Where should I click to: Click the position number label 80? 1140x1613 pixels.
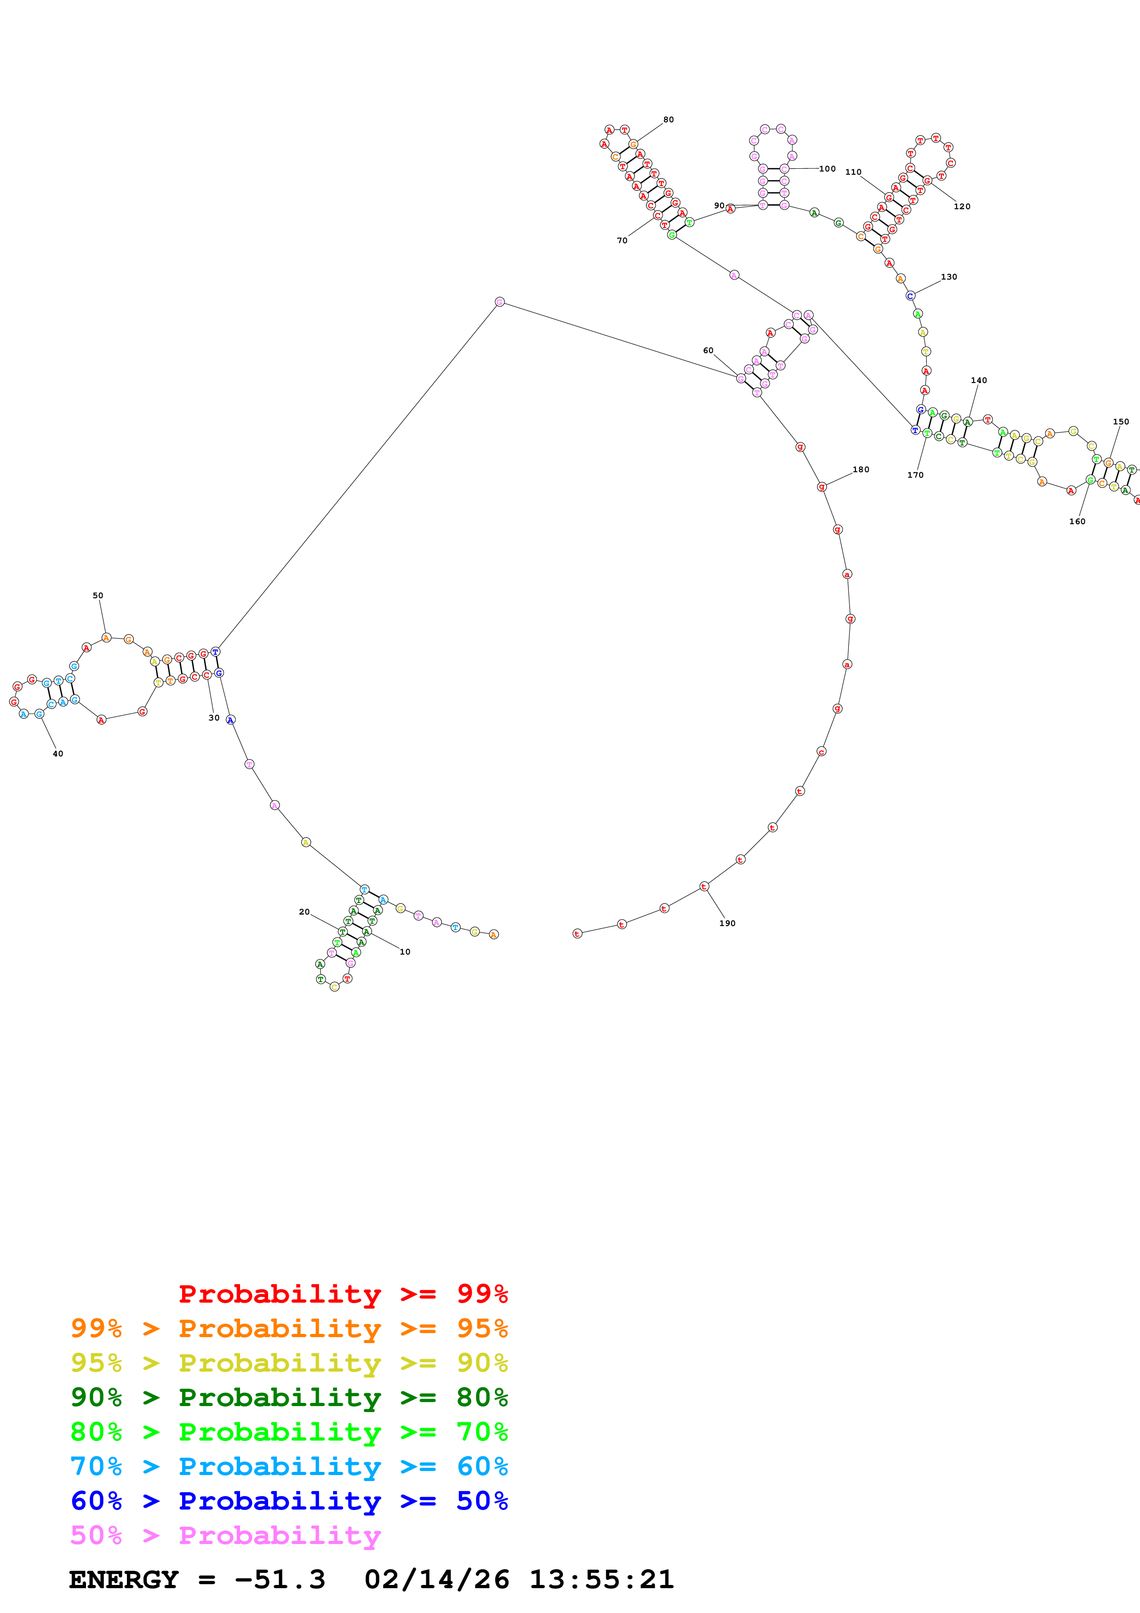click(x=668, y=120)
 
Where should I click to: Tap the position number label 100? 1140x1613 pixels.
click(x=827, y=169)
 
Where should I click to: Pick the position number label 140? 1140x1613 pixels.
click(x=979, y=380)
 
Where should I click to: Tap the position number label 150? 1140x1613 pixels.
click(x=1120, y=422)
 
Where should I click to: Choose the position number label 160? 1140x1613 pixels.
click(x=1077, y=521)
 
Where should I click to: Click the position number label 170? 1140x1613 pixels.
click(x=915, y=475)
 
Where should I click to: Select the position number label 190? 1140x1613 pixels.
click(x=727, y=923)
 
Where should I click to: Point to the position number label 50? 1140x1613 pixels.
click(x=97, y=595)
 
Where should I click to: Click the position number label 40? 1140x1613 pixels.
click(x=57, y=754)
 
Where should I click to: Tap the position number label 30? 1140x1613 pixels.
click(x=213, y=718)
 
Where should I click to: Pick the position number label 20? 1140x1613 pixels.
click(x=304, y=912)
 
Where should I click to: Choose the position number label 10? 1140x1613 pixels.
click(x=405, y=952)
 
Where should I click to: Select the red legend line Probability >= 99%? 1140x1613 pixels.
click(x=343, y=1294)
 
